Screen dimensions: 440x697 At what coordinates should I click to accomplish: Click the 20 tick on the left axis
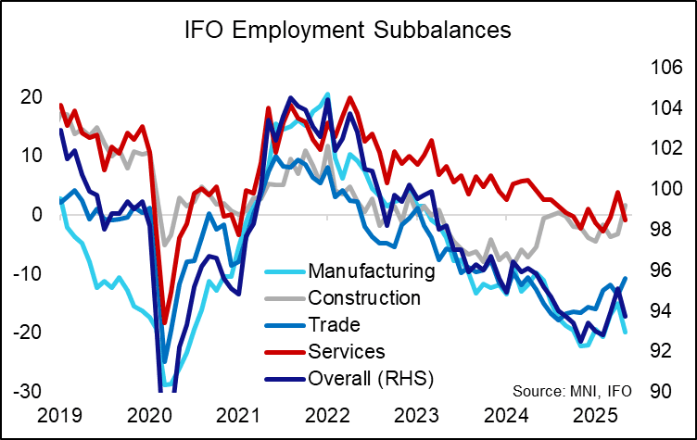tap(31, 96)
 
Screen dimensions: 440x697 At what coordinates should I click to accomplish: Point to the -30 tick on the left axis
tap(27, 391)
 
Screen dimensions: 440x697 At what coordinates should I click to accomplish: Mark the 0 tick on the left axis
tap(36, 214)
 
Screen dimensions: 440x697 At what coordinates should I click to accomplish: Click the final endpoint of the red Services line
tap(626, 220)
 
